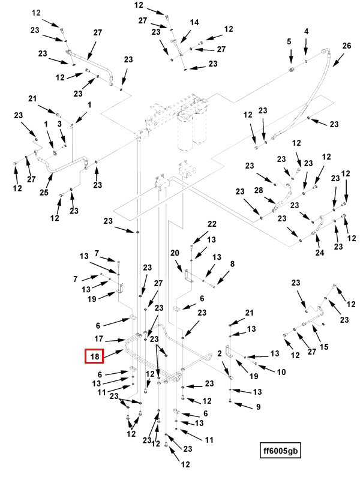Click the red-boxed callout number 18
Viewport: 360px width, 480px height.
point(95,356)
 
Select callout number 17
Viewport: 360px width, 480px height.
point(99,339)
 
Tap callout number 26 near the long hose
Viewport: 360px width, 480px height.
point(346,46)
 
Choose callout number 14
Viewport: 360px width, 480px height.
point(194,22)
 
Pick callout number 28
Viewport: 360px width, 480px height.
point(258,190)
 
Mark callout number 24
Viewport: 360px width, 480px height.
point(320,253)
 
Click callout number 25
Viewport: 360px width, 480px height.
point(43,192)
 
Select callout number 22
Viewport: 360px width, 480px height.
point(212,224)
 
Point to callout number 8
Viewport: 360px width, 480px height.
point(232,263)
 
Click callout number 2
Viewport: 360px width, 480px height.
point(220,354)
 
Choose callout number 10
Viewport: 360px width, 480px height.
point(281,372)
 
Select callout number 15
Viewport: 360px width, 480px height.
point(324,347)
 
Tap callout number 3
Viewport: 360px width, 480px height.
point(59,124)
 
